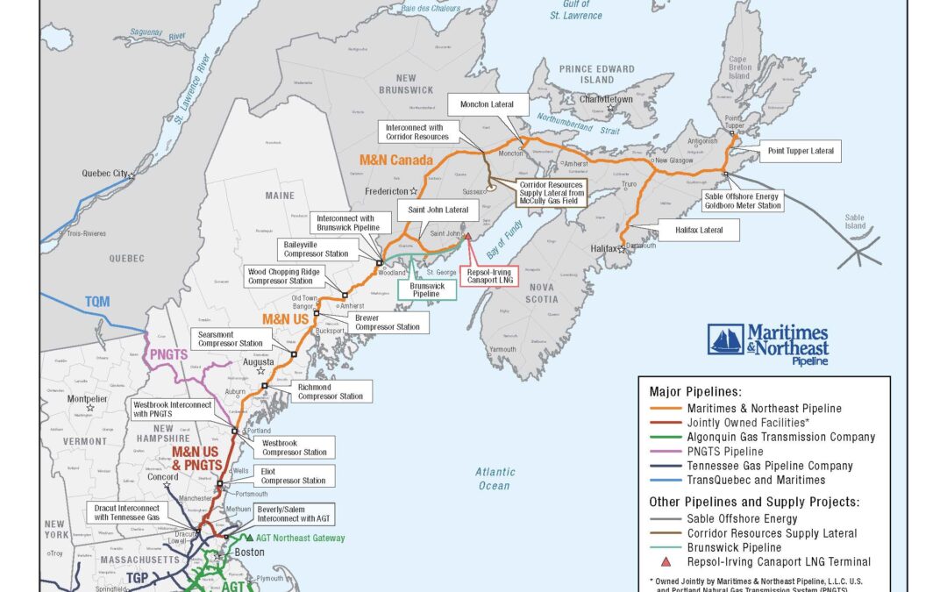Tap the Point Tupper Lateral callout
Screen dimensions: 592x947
[x=800, y=152]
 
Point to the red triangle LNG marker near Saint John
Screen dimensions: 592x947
[x=469, y=236]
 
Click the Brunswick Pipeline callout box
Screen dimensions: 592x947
[x=428, y=290]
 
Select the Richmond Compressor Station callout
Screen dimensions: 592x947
[x=330, y=391]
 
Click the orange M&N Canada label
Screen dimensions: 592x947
[x=396, y=161]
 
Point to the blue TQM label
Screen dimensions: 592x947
[x=97, y=302]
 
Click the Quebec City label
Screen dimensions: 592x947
[x=103, y=174]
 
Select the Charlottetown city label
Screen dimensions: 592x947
[x=605, y=100]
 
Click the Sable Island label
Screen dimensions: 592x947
[x=854, y=219]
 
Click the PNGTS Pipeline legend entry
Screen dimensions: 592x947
[x=725, y=451]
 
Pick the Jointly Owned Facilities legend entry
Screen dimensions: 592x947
[x=748, y=423]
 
